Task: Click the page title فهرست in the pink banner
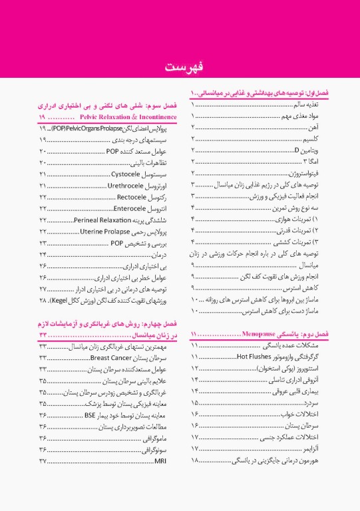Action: (x=180, y=67)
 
